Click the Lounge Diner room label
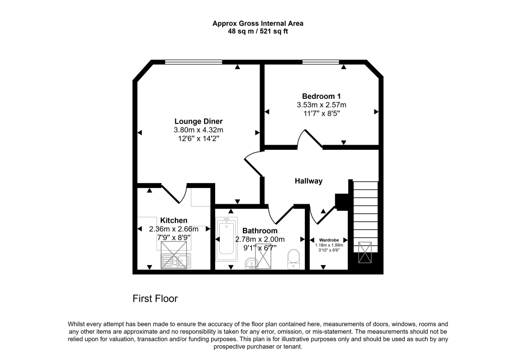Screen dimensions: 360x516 [199, 122]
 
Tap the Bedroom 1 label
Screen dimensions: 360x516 [321, 96]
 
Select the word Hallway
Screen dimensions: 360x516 [308, 181]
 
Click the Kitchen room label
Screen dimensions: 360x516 [174, 220]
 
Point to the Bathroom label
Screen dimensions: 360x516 [260, 230]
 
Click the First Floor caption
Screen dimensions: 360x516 [155, 298]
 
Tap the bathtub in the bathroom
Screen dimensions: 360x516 [226, 238]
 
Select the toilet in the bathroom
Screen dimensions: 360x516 [293, 260]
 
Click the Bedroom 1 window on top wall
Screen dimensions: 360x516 [321, 62]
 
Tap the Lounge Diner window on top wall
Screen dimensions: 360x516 [193, 62]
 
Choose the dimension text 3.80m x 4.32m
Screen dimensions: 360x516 [199, 130]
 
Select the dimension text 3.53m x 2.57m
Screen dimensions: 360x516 [321, 105]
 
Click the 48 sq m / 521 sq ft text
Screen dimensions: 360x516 [257, 31]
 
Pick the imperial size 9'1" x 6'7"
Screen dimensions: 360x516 [260, 248]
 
